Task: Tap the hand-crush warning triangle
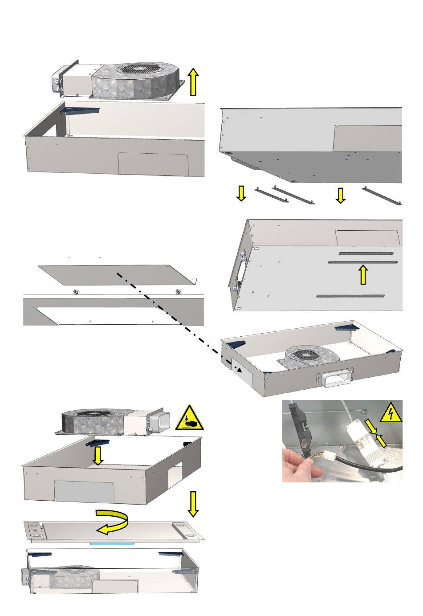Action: (190, 419)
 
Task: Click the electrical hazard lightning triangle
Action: (390, 414)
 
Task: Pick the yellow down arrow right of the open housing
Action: (193, 503)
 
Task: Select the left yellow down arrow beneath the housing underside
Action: (241, 194)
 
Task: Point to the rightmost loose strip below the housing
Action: (382, 196)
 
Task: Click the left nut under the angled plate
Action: (76, 292)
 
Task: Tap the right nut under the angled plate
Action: (178, 292)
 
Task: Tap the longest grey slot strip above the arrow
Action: (363, 262)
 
